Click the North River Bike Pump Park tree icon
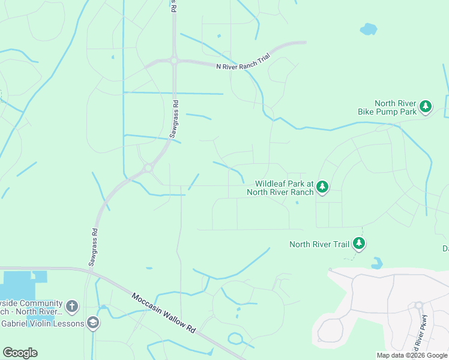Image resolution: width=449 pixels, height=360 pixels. [x=426, y=107]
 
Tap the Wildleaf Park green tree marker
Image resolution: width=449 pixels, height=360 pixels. [x=322, y=187]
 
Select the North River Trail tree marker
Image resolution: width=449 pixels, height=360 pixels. [x=359, y=244]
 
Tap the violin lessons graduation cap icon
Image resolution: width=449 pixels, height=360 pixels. [x=93, y=323]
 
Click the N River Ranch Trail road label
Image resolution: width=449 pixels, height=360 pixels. [x=243, y=64]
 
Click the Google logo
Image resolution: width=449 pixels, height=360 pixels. [x=20, y=353]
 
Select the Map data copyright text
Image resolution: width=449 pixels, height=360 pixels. [x=412, y=355]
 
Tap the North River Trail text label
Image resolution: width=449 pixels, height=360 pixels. [x=319, y=244]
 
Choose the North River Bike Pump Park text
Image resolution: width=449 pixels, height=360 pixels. [x=395, y=107]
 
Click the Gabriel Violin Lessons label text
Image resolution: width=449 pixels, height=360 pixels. [x=42, y=323]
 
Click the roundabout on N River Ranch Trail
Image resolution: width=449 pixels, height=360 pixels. [x=173, y=61]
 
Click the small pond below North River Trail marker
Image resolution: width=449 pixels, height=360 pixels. [x=376, y=263]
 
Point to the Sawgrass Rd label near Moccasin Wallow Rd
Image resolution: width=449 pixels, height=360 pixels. [x=94, y=247]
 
